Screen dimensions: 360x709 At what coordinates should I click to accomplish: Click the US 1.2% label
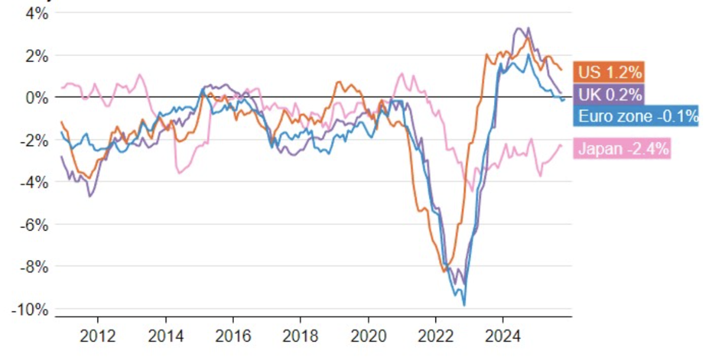tap(609, 72)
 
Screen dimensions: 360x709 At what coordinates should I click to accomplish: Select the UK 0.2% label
tap(609, 93)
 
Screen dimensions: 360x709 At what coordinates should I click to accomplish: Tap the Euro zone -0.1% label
tap(636, 115)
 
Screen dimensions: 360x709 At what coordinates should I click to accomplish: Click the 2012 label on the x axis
tap(98, 336)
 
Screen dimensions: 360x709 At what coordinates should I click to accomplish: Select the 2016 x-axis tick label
tap(233, 336)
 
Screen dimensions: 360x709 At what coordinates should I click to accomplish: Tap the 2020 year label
tap(367, 336)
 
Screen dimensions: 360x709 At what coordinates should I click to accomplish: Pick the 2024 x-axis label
tap(502, 336)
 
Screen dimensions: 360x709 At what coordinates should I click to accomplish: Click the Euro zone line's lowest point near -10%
tap(464, 305)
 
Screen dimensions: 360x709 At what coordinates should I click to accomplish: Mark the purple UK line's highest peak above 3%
tap(518, 28)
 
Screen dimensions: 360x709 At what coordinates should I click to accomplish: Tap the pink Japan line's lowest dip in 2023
tap(471, 191)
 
